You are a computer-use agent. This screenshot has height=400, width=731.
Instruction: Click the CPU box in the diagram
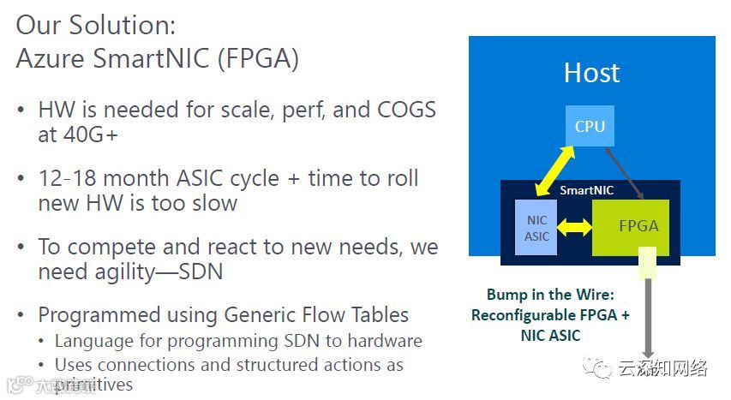pos(590,127)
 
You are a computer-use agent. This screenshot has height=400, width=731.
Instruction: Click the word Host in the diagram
pos(591,73)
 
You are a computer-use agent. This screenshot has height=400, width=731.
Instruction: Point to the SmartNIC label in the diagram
pos(586,190)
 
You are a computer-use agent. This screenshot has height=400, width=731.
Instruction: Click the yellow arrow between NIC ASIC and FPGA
pos(574,229)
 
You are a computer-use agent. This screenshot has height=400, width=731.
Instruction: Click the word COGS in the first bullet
pos(402,110)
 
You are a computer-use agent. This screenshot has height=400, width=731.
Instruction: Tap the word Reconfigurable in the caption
pos(524,314)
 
